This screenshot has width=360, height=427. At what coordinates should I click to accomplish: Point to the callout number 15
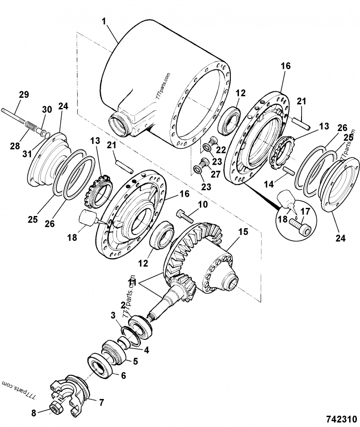point(243,233)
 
